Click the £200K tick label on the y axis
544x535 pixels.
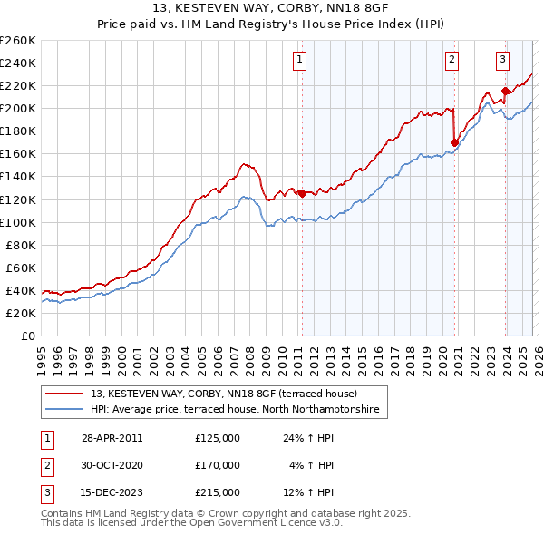18,108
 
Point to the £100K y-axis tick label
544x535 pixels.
18,222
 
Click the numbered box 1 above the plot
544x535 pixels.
299,61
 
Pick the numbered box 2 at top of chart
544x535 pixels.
452,61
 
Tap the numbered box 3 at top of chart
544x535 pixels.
502,61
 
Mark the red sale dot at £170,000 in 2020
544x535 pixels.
454,141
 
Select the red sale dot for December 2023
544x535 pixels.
505,90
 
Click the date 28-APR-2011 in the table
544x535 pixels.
112,438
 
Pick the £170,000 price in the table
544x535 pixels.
218,465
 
